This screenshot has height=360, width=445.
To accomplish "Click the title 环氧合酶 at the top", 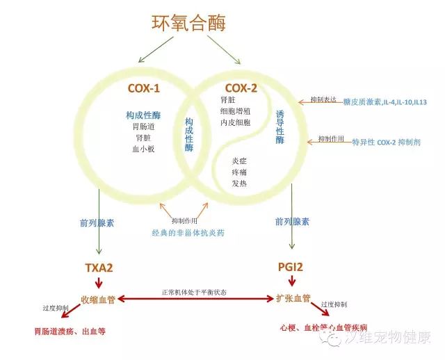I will (189, 22).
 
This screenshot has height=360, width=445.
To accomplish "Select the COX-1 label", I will (143, 88).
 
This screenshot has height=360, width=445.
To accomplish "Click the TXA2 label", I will (99, 267).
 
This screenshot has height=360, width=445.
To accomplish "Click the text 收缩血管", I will (98, 299).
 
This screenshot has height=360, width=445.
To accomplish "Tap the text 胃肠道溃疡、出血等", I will (69, 332).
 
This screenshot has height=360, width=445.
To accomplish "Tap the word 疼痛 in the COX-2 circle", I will (239, 172).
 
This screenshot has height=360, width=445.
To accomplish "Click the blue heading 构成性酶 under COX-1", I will (143, 114).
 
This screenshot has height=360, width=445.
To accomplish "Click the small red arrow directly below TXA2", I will (99, 283).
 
